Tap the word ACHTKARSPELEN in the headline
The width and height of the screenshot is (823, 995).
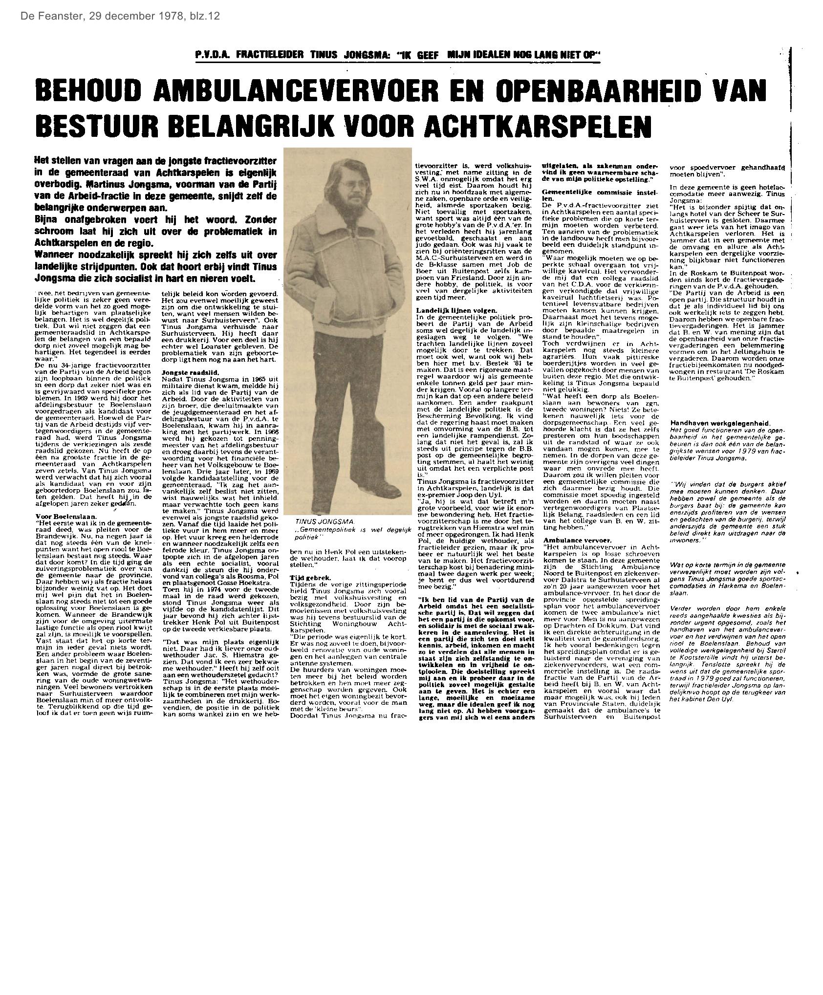(x=538, y=125)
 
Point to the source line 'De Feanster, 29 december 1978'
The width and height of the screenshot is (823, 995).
(x=120, y=16)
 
